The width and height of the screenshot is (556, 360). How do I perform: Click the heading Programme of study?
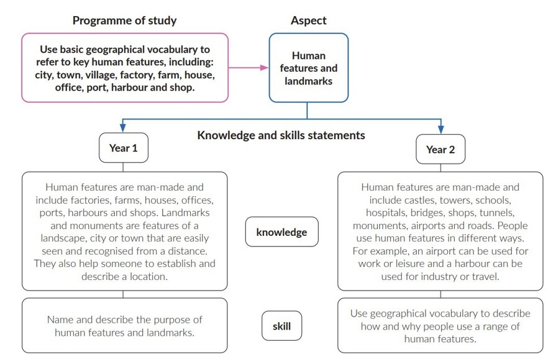coord(124,20)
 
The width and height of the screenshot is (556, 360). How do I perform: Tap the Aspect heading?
coord(308,20)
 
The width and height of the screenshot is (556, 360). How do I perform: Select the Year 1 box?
coord(124,148)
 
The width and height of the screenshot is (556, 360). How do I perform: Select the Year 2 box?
coord(440,149)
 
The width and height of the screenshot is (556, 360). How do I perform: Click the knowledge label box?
coord(281,232)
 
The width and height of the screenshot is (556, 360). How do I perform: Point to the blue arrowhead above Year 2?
coord(440,129)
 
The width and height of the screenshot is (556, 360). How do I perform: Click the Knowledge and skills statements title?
coord(281,135)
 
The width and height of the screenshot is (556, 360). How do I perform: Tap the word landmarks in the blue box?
coord(308,81)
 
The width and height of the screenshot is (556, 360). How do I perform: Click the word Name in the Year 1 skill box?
coord(61,320)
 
